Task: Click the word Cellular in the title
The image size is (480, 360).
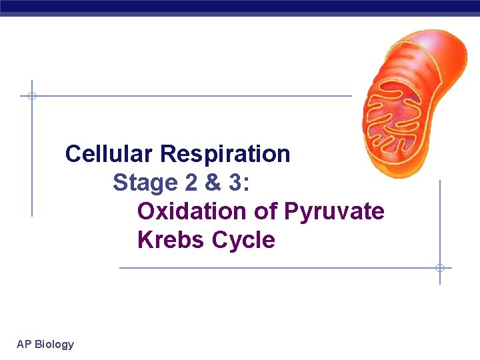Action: pyautogui.click(x=109, y=154)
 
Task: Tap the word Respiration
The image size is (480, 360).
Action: pyautogui.click(x=225, y=154)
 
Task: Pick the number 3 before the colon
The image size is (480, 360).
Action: pyautogui.click(x=236, y=183)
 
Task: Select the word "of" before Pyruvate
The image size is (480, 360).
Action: pyautogui.click(x=266, y=211)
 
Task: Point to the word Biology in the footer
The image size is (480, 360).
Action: pyautogui.click(x=54, y=345)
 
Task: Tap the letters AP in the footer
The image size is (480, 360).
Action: pyautogui.click(x=24, y=345)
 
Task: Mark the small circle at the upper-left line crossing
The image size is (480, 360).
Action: pyautogui.click(x=31, y=96)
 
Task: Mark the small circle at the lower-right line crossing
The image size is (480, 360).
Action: pyautogui.click(x=440, y=268)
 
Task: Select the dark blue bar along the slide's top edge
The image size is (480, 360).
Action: pyautogui.click(x=240, y=7)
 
